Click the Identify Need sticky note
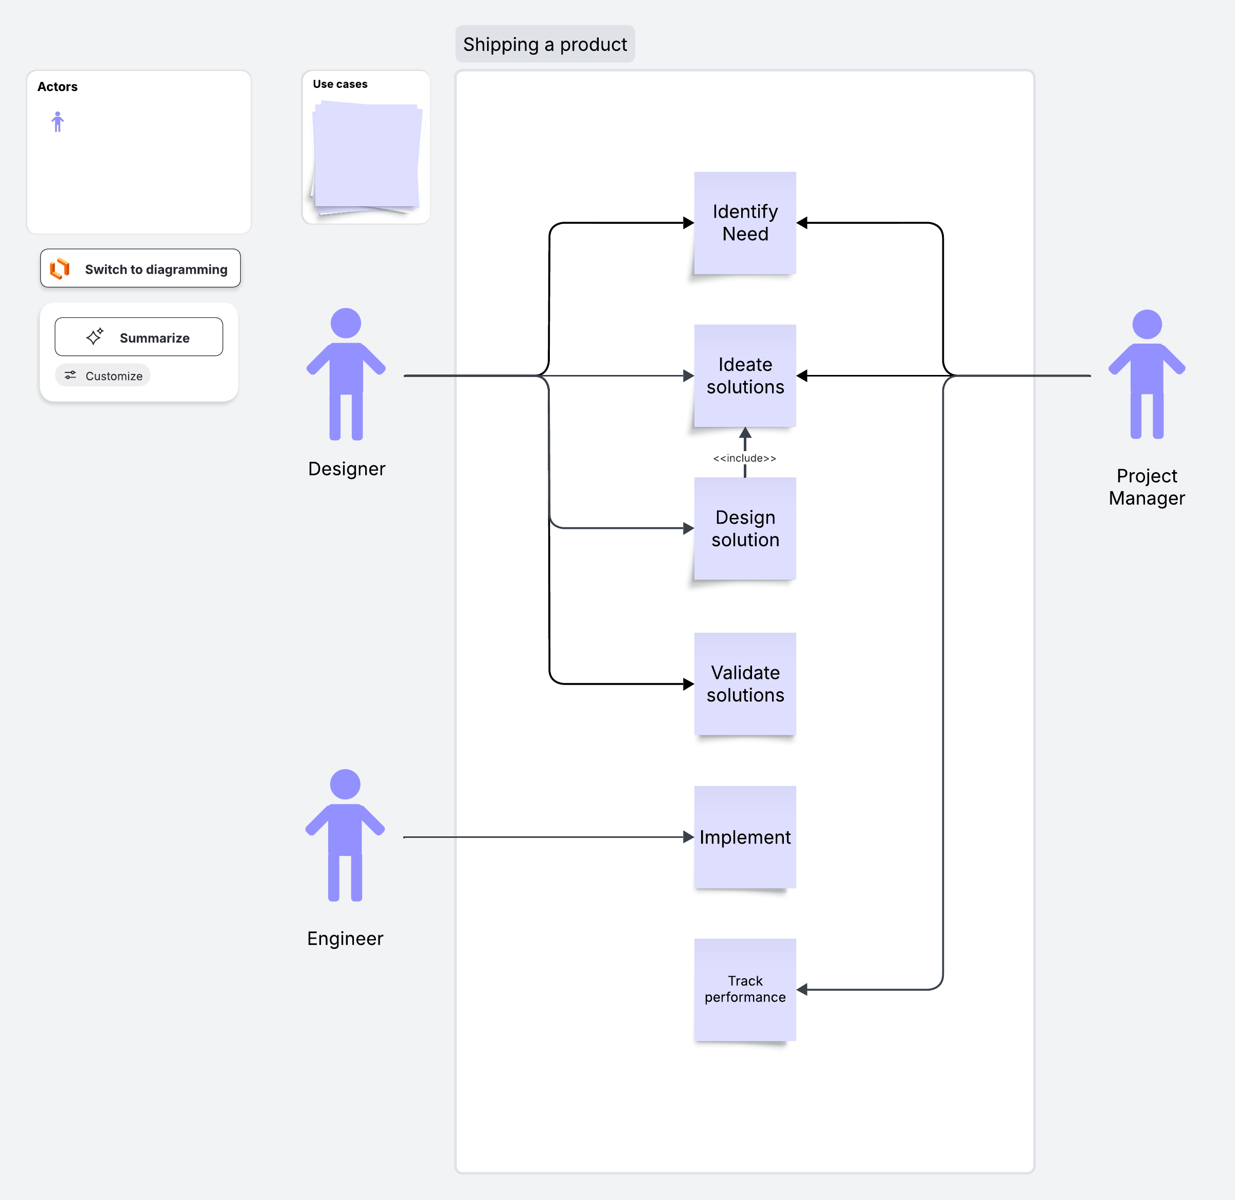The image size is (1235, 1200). [745, 223]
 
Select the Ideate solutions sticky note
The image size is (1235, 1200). [745, 375]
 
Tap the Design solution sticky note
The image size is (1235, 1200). [745, 528]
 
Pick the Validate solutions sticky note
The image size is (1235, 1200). [745, 684]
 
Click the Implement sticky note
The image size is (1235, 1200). [745, 837]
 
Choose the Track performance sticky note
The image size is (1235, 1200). [745, 990]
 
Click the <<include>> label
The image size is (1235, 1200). [745, 458]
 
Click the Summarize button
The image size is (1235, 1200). [139, 337]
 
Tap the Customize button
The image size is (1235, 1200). [103, 375]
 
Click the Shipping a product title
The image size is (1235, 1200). [545, 44]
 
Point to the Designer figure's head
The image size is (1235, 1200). [346, 324]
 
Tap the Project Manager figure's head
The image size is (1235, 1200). [1147, 325]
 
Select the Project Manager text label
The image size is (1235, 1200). [1147, 487]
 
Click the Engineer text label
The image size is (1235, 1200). [345, 938]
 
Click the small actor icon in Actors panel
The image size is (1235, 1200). [57, 121]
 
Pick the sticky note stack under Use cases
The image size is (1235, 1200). [366, 157]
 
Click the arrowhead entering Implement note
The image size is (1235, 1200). [689, 837]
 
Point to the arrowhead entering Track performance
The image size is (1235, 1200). [802, 990]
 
